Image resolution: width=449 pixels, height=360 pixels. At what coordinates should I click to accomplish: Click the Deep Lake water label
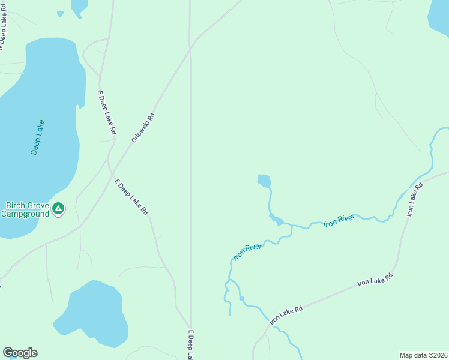coord(38,138)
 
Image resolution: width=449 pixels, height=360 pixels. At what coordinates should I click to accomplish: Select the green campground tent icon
coord(58,209)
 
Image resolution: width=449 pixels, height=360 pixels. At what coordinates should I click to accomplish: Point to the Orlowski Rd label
coord(143,127)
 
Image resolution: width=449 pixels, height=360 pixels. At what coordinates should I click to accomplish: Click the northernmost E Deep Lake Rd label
coord(107,112)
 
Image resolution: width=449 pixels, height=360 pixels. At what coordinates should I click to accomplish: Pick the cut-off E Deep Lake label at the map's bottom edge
coord(190,344)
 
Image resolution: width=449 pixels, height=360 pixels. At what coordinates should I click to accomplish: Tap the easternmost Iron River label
coord(339,221)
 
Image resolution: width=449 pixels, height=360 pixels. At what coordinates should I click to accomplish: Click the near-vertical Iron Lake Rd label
coord(415,199)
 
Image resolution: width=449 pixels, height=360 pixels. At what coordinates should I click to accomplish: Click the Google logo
coord(20,353)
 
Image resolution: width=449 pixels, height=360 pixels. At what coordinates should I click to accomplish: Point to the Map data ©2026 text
coord(423,355)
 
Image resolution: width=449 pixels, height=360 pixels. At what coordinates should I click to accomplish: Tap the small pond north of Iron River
coord(264,180)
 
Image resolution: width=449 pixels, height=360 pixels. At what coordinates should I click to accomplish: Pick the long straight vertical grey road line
coord(190,180)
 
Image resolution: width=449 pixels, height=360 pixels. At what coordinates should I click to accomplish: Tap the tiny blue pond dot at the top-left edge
coord(60,13)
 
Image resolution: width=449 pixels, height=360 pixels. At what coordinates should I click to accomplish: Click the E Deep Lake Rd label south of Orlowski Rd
coord(131,197)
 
